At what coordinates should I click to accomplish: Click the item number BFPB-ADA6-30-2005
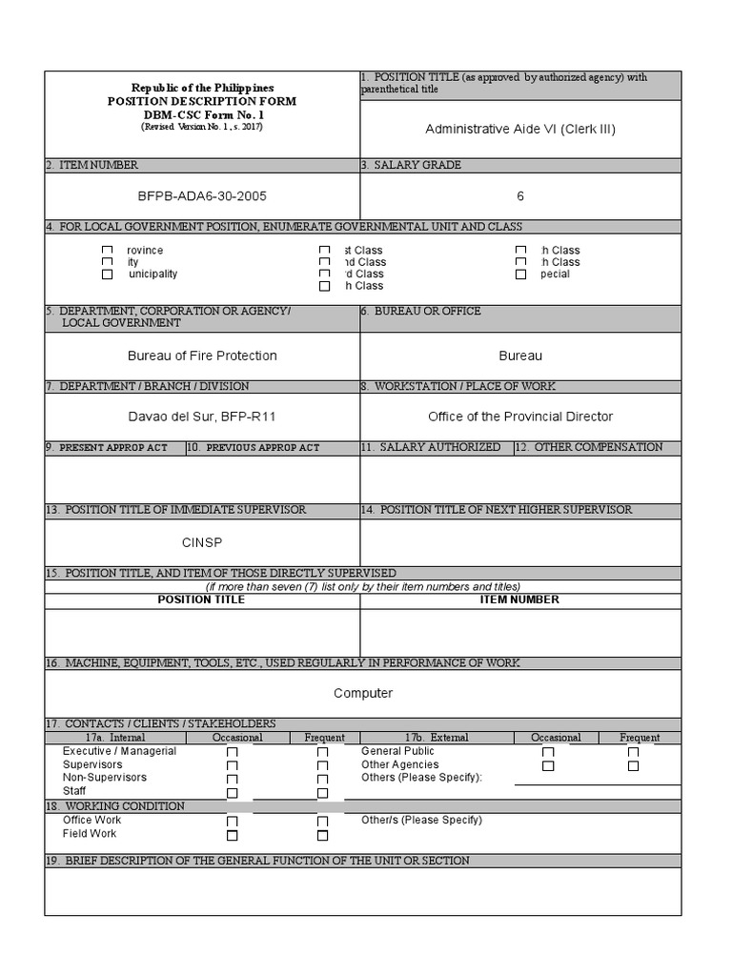point(202,196)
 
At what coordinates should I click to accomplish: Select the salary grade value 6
point(520,196)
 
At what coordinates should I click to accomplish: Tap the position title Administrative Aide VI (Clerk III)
point(520,129)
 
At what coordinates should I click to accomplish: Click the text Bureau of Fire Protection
point(202,356)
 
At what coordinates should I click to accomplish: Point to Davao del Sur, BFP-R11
point(202,417)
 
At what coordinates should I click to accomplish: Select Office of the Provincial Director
point(520,417)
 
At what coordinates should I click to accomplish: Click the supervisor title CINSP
point(202,542)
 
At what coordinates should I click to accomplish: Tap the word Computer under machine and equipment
point(363,693)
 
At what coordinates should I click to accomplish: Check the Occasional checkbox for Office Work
point(232,822)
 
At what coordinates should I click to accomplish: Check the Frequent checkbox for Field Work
point(322,836)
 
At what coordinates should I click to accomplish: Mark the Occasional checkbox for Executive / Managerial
point(232,753)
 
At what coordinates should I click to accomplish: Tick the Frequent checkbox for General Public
point(633,753)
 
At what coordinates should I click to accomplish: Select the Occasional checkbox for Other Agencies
point(547,766)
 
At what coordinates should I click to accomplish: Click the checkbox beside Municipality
point(108,274)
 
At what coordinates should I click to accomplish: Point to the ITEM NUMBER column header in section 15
point(520,600)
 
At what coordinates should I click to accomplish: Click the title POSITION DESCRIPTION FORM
point(202,101)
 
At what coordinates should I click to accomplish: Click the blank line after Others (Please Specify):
point(597,779)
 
